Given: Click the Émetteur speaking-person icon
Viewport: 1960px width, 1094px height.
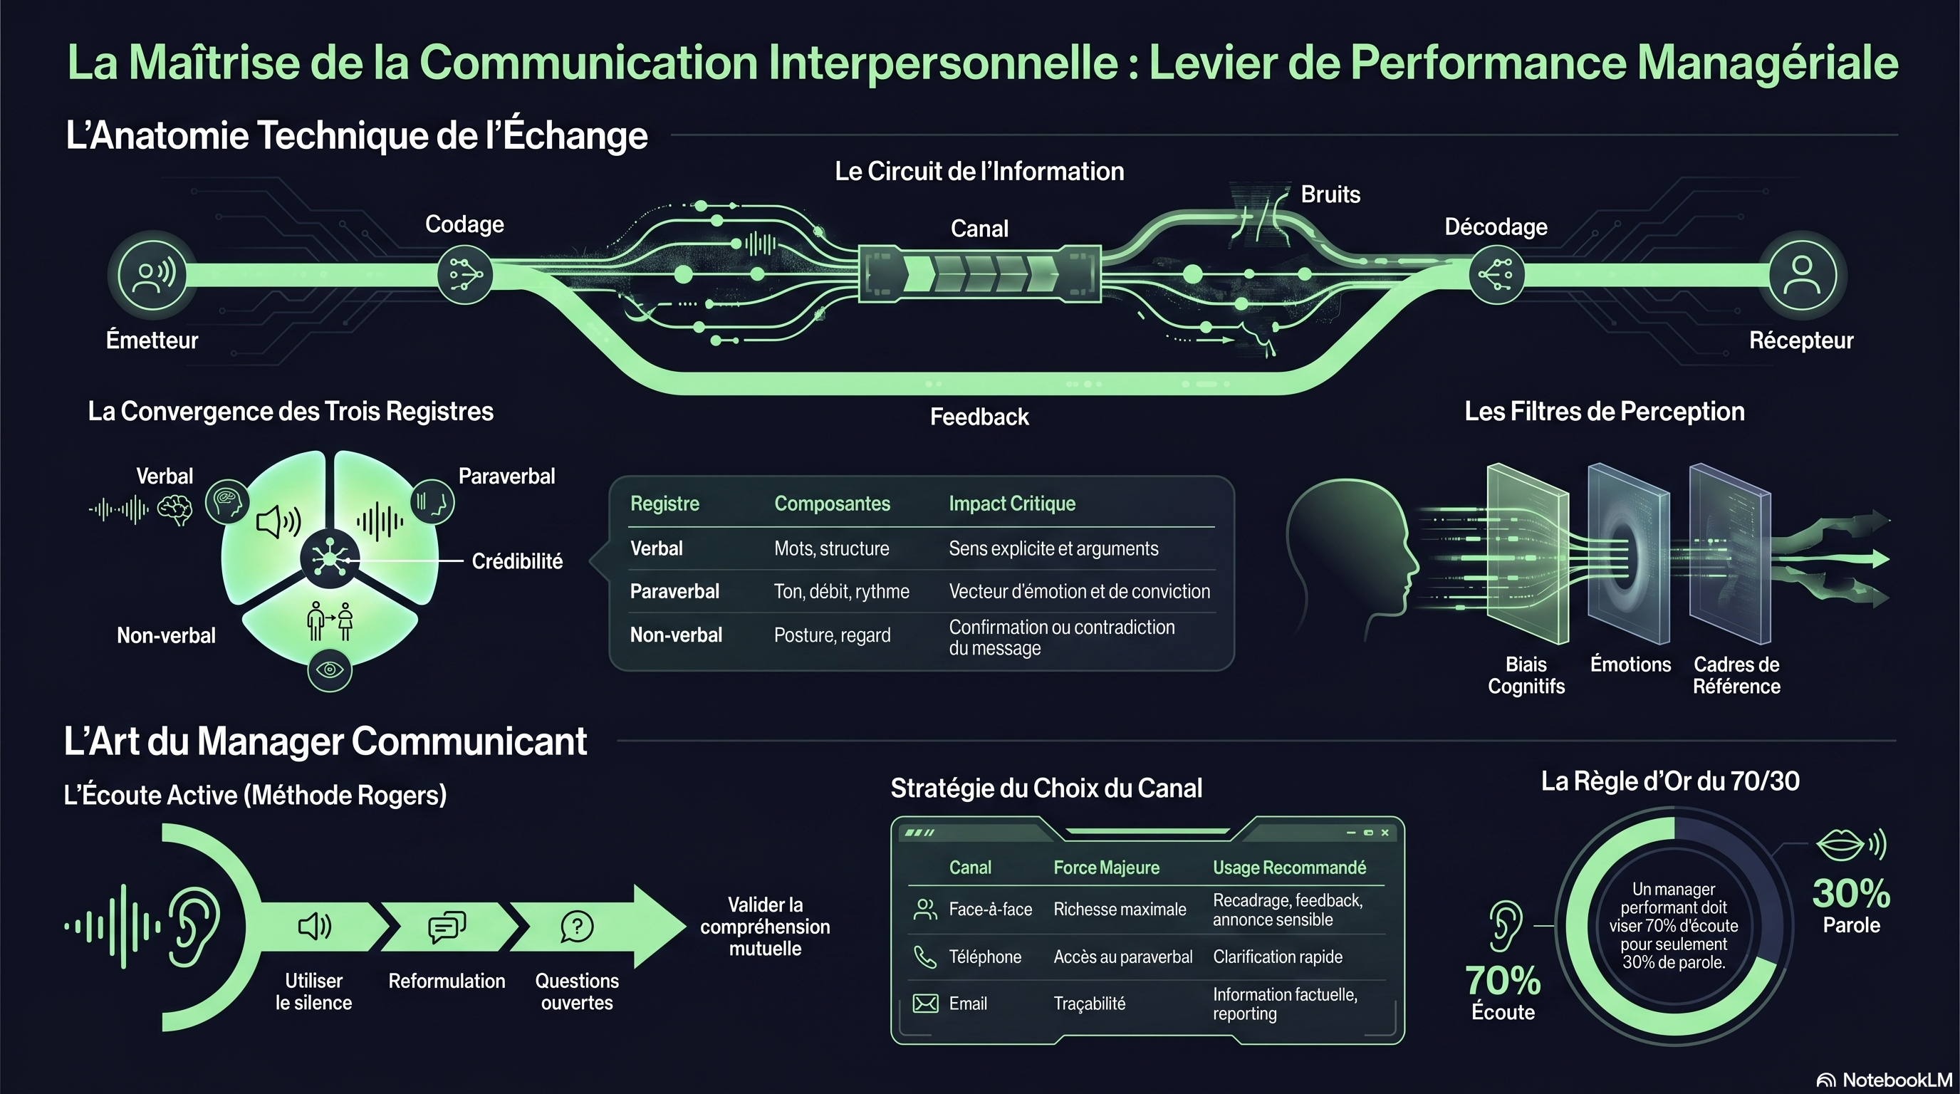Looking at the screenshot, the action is click(x=153, y=275).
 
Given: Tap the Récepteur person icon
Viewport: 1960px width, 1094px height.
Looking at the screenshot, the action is click(x=1802, y=275).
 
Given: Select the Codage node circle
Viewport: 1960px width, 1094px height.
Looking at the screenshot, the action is click(x=465, y=275).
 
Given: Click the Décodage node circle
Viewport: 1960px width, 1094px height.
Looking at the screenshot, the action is click(x=1496, y=275).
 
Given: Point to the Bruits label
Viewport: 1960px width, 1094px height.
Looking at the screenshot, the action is click(x=1330, y=194).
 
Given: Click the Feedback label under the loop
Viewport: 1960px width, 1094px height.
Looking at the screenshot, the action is click(x=979, y=417).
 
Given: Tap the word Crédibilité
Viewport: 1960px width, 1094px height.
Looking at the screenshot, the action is click(x=517, y=561).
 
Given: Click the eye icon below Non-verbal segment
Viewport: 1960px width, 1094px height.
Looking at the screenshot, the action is click(x=330, y=670).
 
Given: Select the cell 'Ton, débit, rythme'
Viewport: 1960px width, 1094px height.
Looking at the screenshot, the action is click(x=842, y=591).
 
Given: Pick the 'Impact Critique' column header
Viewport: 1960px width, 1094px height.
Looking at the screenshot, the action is click(x=1012, y=504).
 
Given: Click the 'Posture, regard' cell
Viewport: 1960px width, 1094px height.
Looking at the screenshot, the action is click(x=832, y=635).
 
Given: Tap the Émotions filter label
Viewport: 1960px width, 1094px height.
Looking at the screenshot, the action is click(x=1630, y=664).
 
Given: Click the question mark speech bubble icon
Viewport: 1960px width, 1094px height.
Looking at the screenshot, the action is click(x=577, y=927).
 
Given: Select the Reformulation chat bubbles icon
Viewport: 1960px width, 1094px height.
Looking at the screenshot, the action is click(x=447, y=927).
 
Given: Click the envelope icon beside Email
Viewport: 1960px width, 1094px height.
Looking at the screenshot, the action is click(x=925, y=1004).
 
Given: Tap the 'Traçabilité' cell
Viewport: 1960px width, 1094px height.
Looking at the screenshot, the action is click(x=1089, y=1004).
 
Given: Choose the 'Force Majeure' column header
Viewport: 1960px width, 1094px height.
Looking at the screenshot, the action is click(x=1106, y=868).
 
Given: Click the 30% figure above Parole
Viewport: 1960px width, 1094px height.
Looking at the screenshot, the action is click(x=1851, y=893).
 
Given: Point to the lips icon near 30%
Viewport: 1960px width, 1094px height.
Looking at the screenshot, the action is click(x=1840, y=845).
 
